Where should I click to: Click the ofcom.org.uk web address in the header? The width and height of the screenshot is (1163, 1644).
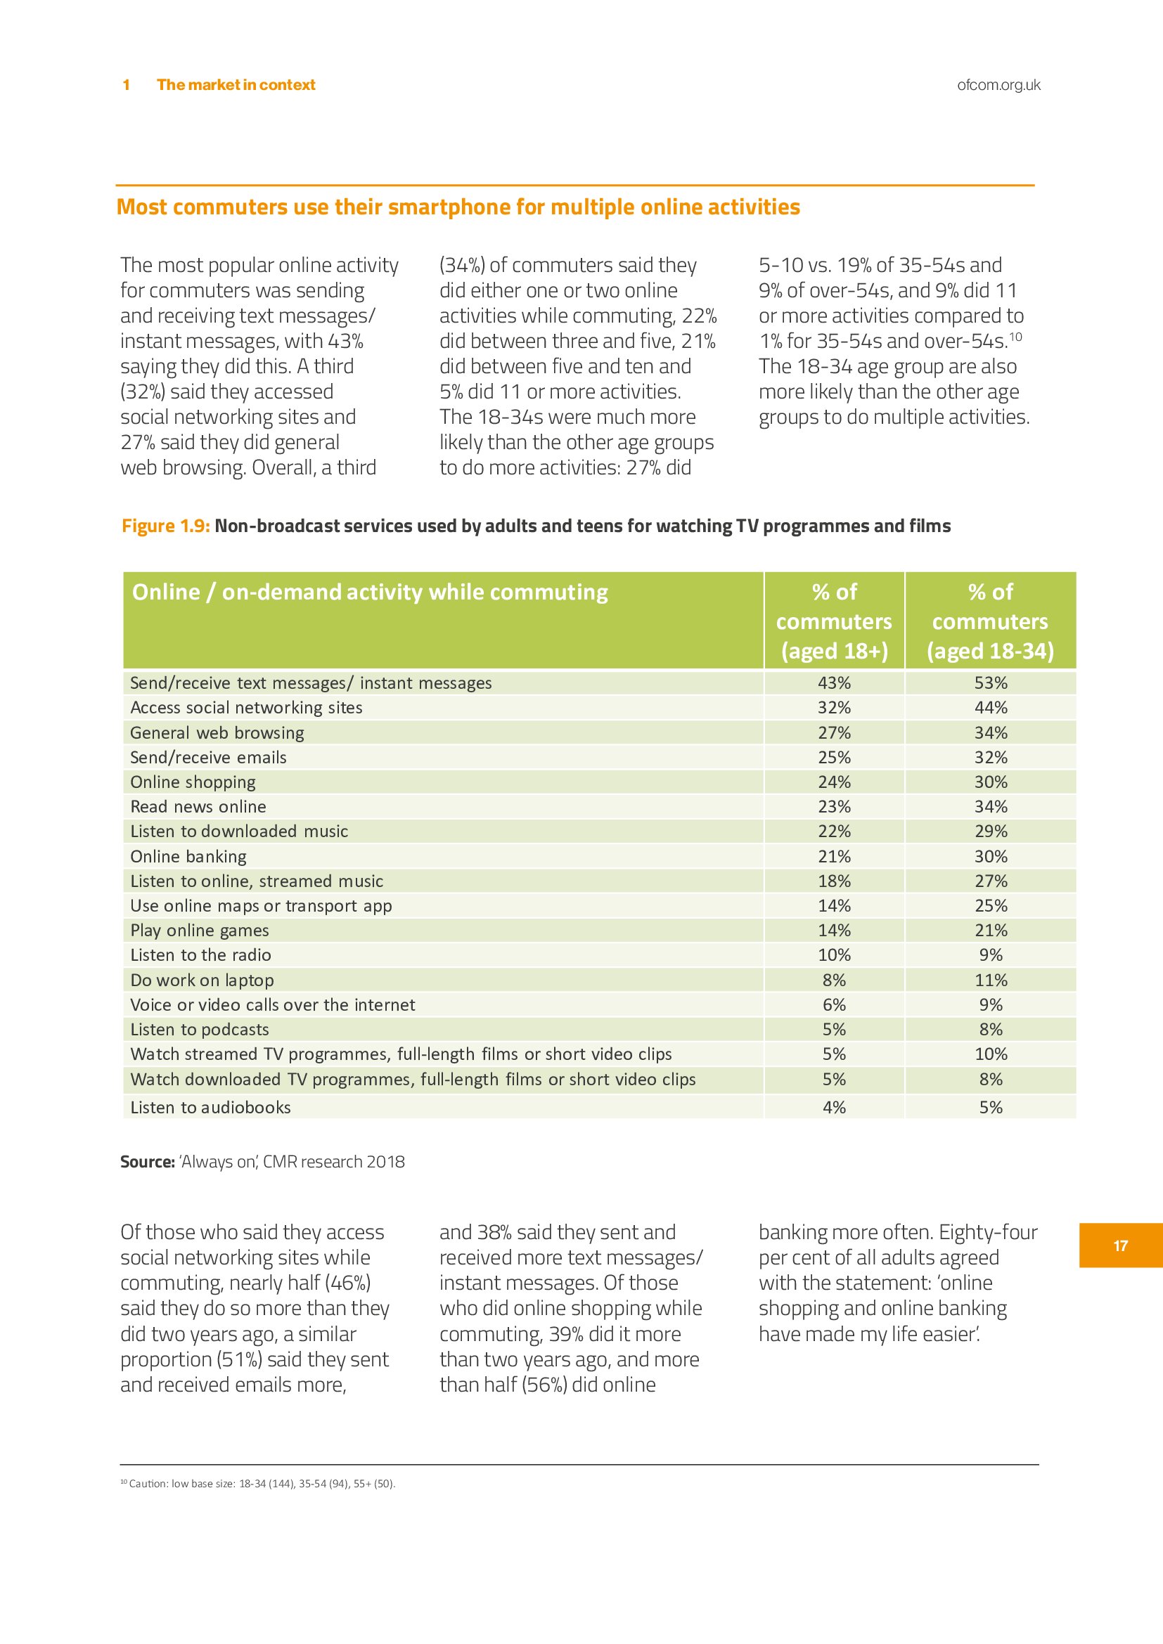[x=998, y=85]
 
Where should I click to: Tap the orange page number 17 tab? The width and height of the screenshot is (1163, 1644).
[x=1120, y=1246]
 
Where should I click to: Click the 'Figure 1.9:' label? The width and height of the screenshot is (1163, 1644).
[x=165, y=526]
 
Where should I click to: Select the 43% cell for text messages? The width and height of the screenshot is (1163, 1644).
[x=835, y=683]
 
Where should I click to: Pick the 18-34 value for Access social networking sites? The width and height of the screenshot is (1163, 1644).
[x=991, y=708]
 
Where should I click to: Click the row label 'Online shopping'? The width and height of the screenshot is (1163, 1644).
[x=193, y=782]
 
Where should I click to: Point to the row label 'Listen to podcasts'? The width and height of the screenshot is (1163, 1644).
[x=199, y=1030]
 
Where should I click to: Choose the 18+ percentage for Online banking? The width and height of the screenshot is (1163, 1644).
[x=835, y=856]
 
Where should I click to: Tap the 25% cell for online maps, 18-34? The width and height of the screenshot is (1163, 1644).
[x=991, y=906]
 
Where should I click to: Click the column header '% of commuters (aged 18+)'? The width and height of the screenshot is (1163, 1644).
[x=835, y=621]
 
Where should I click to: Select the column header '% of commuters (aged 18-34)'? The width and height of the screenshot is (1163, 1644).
[x=991, y=621]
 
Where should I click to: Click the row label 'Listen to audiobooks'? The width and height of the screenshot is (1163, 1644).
[x=210, y=1108]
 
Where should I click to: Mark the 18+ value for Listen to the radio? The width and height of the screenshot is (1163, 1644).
[x=835, y=955]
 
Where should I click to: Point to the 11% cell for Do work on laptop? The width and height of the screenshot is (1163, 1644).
[x=991, y=980]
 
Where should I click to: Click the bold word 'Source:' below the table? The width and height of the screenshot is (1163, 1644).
[x=148, y=1162]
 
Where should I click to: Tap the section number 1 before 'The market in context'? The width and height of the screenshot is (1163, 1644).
[x=126, y=85]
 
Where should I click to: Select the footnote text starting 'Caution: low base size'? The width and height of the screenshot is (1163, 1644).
[x=262, y=1484]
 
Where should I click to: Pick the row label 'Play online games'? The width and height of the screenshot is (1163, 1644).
[x=199, y=931]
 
